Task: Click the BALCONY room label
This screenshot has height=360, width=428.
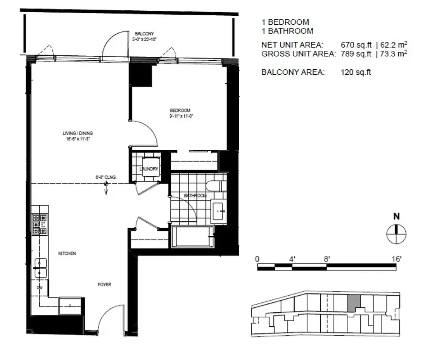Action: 145,33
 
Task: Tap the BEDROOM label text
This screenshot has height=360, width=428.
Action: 180,110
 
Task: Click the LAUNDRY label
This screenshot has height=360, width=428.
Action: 149,169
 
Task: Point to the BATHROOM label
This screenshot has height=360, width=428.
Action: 195,196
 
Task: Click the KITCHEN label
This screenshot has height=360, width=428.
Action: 67,253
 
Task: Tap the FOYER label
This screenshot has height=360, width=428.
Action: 104,285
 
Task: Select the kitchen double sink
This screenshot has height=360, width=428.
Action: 40,268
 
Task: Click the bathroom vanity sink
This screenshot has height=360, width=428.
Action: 219,210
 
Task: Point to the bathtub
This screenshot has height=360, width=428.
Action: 192,237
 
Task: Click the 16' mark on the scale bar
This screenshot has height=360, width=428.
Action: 396,259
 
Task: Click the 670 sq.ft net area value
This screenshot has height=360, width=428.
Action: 356,45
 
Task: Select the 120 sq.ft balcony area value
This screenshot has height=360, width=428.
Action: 356,72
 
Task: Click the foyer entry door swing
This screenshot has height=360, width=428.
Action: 110,317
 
